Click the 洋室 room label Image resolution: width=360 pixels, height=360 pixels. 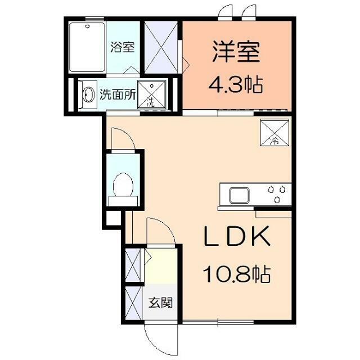[x=236, y=52]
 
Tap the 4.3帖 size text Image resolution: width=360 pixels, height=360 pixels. [x=236, y=85]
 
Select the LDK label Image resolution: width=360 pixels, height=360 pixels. [x=236, y=238]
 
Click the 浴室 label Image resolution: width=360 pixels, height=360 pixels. [x=122, y=47]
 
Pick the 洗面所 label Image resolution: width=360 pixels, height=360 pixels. [x=118, y=94]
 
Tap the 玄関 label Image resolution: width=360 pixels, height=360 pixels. [x=160, y=303]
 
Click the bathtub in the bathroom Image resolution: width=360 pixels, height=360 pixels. [x=88, y=47]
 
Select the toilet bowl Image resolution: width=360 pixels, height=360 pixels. [x=122, y=184]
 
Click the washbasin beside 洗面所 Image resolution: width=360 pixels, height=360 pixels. [x=88, y=94]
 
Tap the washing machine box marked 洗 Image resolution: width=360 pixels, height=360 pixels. [x=151, y=94]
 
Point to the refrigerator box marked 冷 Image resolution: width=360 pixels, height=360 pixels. [x=274, y=132]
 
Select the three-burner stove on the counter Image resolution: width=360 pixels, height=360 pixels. [x=278, y=195]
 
